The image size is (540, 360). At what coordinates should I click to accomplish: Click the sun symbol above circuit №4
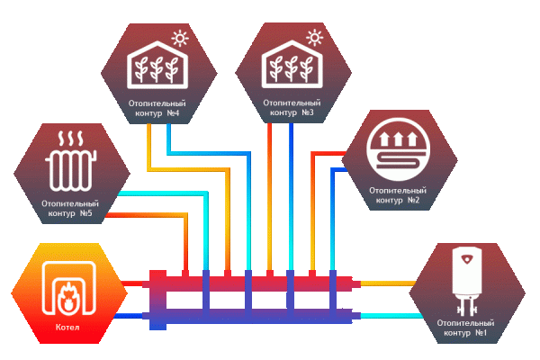pyautogui.click(x=181, y=39)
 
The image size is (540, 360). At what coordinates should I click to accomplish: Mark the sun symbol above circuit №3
pyautogui.click(x=313, y=38)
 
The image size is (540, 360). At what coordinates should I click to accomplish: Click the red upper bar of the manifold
pyautogui.click(x=252, y=284)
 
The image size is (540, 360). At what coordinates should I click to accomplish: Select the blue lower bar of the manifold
pyautogui.click(x=252, y=315)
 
